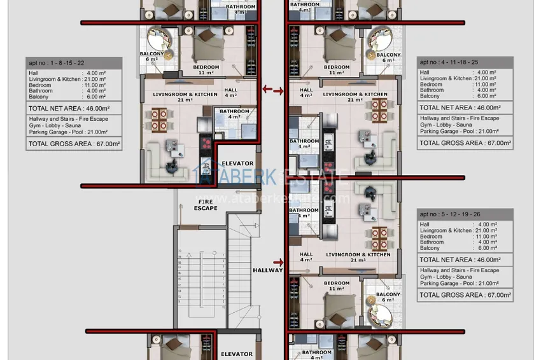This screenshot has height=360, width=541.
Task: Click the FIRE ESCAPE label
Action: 205,205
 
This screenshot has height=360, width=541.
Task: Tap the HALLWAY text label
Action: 267,270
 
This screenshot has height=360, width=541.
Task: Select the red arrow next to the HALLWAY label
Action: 278,261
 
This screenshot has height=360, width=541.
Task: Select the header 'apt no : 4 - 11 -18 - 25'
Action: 465,62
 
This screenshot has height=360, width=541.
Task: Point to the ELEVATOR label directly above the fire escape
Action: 237,163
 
